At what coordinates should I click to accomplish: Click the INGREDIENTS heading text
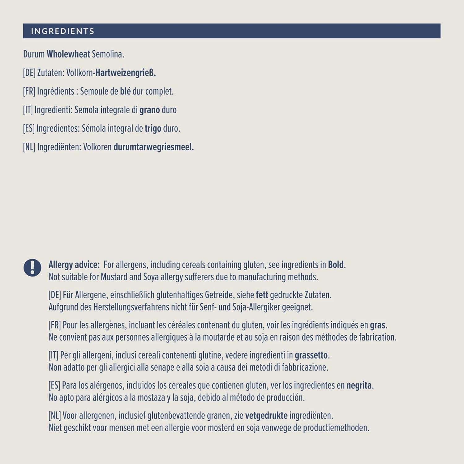click(62, 31)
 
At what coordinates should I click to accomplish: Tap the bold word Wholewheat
click(68, 54)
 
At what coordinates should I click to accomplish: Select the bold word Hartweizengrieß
click(125, 73)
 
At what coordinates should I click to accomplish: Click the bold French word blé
click(125, 91)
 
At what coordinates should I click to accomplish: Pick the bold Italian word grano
click(149, 110)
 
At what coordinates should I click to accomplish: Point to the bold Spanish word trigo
click(153, 128)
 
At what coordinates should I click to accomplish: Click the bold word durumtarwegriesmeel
click(153, 147)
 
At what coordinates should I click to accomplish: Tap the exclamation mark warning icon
click(32, 268)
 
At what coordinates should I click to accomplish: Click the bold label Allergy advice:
click(74, 265)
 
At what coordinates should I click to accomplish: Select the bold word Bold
click(336, 265)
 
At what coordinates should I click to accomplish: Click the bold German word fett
click(262, 295)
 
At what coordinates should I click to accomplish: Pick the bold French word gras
click(377, 325)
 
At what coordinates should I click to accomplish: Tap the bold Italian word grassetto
click(311, 355)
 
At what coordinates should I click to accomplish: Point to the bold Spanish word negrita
click(359, 385)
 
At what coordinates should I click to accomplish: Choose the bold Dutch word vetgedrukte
click(266, 415)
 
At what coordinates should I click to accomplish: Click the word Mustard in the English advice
click(114, 277)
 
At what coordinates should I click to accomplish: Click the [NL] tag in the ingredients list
click(29, 147)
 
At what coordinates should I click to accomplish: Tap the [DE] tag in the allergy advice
click(54, 295)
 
